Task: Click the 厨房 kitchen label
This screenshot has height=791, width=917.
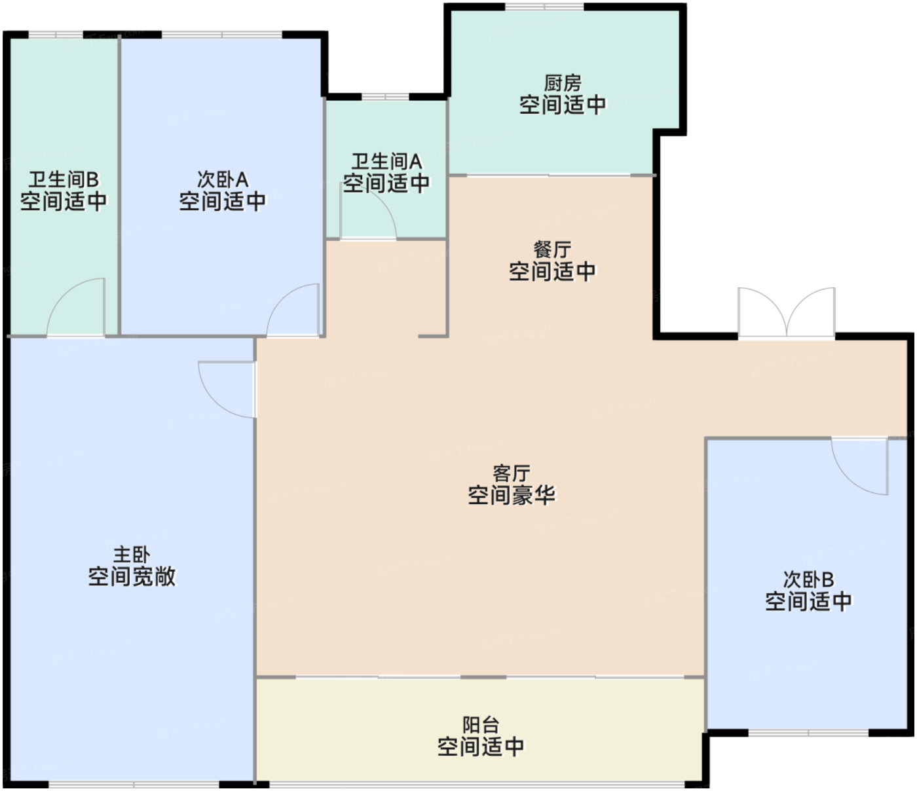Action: pos(563,83)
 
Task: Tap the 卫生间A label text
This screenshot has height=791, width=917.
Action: pos(386,162)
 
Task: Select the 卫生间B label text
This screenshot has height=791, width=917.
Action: pos(64,179)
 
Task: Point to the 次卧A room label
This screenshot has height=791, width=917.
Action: pos(222,179)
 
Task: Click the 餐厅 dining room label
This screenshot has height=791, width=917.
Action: pos(552,249)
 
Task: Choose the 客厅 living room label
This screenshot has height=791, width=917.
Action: pos(512,474)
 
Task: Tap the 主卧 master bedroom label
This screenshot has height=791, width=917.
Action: pos(132,555)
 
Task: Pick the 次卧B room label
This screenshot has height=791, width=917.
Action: pos(808,580)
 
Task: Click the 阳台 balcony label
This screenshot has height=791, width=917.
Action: pos(481,726)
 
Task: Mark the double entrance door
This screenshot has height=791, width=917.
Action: pos(787,313)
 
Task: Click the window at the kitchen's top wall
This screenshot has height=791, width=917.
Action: pos(544,7)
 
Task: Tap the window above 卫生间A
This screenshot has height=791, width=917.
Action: pos(385,97)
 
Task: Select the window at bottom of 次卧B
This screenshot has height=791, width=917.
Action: pos(808,733)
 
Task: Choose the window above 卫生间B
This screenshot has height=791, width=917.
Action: pos(56,35)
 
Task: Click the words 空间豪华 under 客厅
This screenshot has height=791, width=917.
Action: pos(512,494)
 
